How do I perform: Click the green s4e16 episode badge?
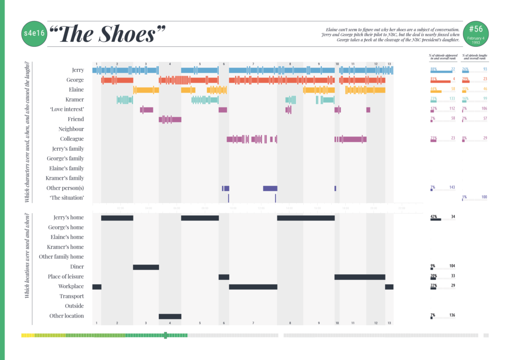click(33, 34)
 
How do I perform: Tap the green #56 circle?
click(476, 33)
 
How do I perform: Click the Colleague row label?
click(72, 139)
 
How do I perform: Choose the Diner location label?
click(77, 267)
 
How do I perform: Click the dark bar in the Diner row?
click(145, 267)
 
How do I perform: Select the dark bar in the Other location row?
click(170, 316)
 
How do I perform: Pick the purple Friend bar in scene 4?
click(170, 120)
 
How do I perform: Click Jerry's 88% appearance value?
click(433, 69)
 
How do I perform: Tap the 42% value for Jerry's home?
click(433, 217)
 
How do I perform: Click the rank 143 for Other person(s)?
click(452, 187)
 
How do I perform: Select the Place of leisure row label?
click(66, 277)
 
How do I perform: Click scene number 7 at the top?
click(253, 64)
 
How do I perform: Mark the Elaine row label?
click(75, 90)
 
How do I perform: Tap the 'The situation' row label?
click(67, 198)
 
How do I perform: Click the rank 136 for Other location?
click(452, 315)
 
